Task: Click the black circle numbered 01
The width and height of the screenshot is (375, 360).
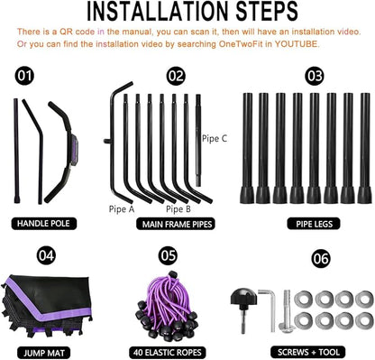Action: point(24,76)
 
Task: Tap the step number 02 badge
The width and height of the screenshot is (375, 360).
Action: point(176,76)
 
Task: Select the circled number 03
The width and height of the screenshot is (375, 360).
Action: point(315,76)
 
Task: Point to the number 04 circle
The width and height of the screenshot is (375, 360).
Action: point(46,255)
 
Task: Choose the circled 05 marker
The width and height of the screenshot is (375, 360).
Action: point(168,255)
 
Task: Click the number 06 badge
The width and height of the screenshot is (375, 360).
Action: point(321,259)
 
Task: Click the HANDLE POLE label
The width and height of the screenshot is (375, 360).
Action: point(44,224)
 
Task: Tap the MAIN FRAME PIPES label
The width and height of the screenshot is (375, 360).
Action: point(177,224)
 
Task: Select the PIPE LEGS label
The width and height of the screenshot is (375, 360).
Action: point(315,224)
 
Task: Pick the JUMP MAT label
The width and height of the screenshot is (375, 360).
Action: point(44,353)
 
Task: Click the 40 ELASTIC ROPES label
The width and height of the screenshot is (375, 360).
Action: point(168,353)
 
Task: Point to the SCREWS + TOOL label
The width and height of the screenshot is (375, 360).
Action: point(308,352)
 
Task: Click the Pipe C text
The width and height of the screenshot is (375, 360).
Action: point(215,139)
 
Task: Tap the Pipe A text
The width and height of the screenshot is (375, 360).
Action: point(122,209)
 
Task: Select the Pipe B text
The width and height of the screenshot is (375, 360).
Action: point(178,209)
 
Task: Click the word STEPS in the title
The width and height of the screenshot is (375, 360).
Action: point(267,12)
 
